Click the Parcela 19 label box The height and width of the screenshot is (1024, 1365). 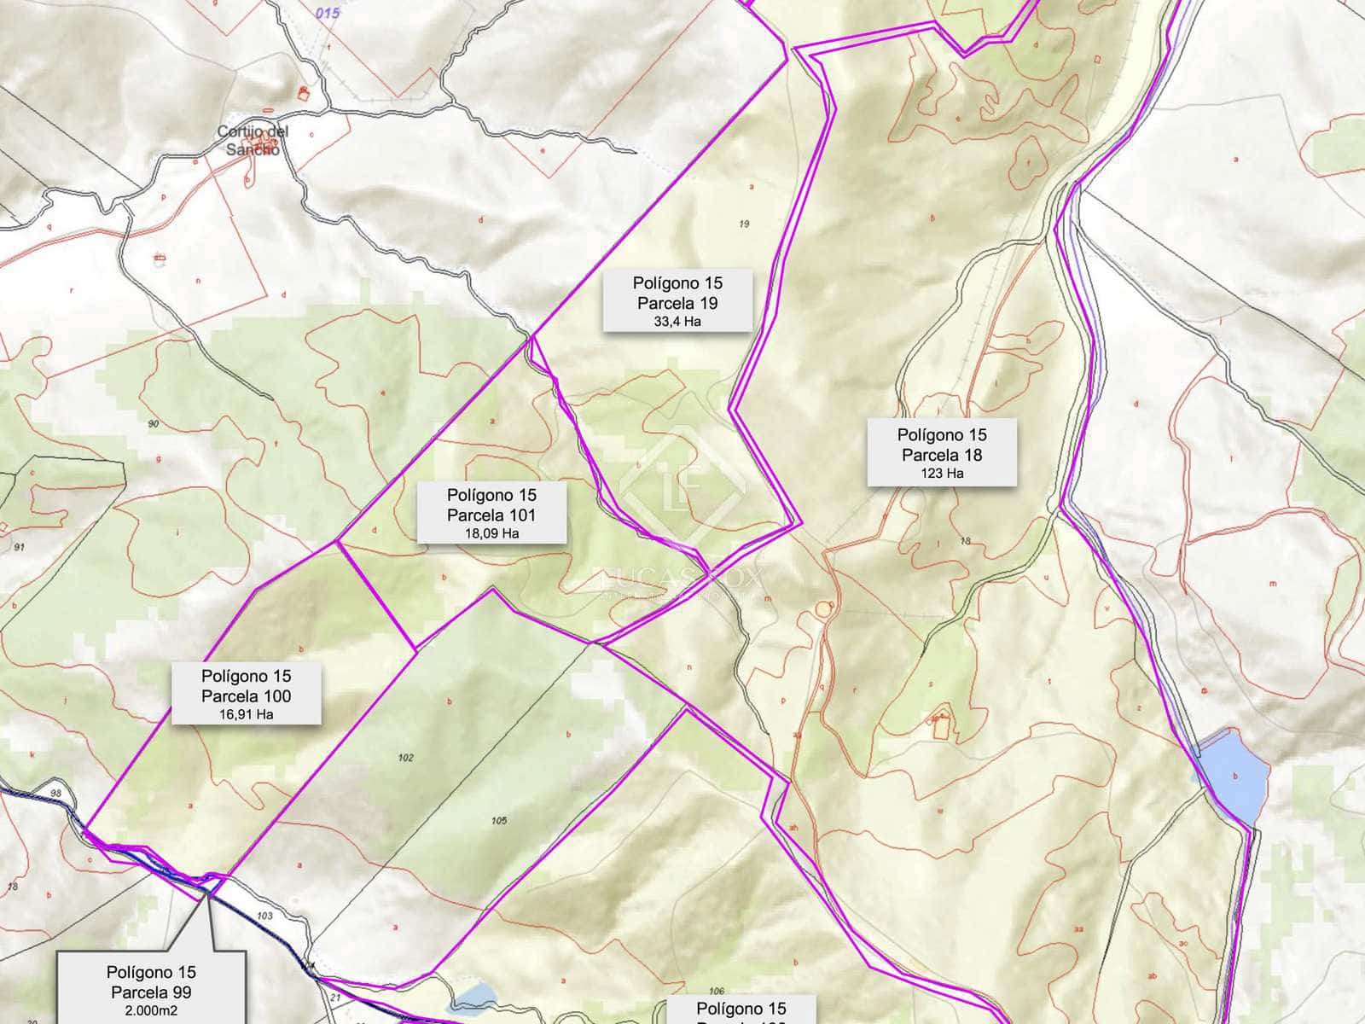(677, 300)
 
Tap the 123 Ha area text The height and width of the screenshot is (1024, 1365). (942, 473)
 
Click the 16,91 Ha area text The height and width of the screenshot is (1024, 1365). (247, 714)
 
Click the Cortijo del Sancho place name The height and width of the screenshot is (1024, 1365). (253, 140)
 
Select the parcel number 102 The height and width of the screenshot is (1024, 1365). (406, 757)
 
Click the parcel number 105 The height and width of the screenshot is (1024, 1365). (499, 820)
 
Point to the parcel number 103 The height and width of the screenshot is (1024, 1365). (264, 916)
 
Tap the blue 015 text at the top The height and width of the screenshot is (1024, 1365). (327, 13)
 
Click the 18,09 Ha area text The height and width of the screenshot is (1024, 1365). (491, 533)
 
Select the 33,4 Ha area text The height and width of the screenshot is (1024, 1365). (677, 322)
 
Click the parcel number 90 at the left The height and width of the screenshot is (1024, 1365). (154, 423)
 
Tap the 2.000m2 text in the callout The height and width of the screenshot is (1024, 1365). (151, 1011)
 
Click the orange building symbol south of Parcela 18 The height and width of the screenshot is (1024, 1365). (941, 724)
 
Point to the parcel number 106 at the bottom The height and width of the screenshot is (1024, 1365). (717, 991)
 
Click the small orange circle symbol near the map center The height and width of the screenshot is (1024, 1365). (822, 608)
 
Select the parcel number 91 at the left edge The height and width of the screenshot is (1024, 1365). (19, 547)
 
